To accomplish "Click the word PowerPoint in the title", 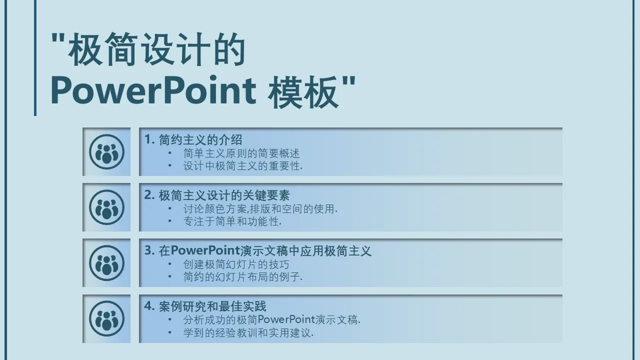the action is coord(153,91).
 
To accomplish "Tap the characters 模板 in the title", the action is coord(303,92).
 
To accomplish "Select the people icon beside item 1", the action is coord(106,151).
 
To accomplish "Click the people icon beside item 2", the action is coord(106,207).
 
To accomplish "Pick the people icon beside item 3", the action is coord(106,263).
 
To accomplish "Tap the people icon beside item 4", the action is coord(106,318).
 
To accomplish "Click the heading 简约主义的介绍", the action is coord(200,140).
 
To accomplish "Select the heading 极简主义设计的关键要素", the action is coord(224,195).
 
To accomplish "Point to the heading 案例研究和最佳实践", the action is coord(212,306).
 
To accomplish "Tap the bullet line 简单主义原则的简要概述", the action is coord(241,153).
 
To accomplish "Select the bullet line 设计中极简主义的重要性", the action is coord(243,166).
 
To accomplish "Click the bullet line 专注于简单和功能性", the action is coord(232,221).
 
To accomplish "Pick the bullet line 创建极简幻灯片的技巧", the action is coord(236,264).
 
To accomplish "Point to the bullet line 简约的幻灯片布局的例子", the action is coord(243,277).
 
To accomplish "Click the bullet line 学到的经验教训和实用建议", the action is coord(248,333).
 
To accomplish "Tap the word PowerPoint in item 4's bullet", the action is coord(286,319).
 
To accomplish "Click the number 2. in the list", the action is coord(149,195).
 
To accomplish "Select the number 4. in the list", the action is coord(149,306).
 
